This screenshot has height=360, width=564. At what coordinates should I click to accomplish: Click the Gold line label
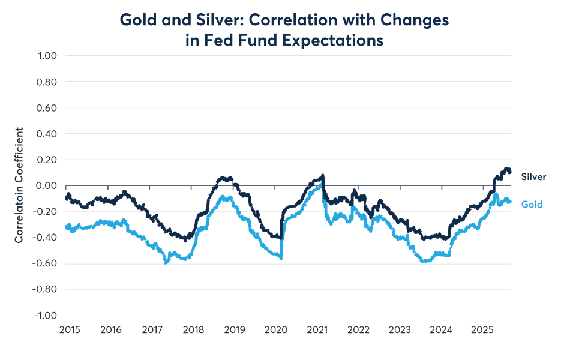[532, 205]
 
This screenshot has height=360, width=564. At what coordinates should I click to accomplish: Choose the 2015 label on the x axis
[70, 330]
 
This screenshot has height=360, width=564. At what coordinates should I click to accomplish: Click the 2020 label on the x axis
[276, 330]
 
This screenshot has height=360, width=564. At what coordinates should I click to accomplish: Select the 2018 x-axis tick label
[194, 330]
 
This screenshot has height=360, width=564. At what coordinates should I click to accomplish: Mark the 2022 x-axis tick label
[358, 330]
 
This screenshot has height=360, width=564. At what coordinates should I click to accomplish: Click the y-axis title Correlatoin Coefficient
[19, 185]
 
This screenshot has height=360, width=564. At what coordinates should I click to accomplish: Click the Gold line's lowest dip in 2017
[166, 262]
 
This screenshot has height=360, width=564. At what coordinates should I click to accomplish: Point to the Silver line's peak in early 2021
[323, 175]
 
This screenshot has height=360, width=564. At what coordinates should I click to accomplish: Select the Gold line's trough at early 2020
[281, 258]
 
